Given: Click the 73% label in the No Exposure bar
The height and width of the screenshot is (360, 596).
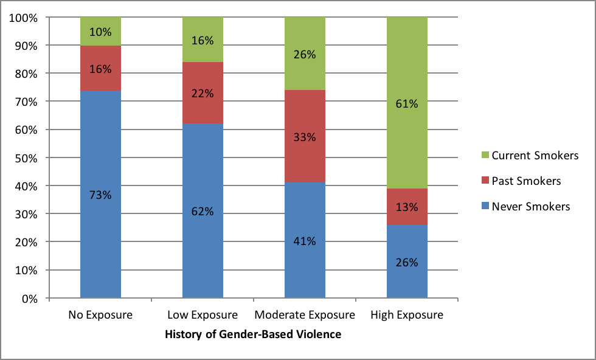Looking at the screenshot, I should (x=101, y=195).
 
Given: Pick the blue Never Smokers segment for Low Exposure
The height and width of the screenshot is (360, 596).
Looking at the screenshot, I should (x=203, y=243).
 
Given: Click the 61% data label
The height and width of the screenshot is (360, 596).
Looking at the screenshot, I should (x=407, y=104).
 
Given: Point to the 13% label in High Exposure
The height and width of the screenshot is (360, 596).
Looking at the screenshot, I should (x=407, y=207).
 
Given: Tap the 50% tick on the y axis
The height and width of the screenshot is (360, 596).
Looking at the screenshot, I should (x=26, y=157).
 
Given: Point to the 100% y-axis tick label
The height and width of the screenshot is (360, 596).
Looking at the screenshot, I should (x=24, y=18).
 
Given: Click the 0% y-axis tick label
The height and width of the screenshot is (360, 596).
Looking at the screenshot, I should (x=30, y=299).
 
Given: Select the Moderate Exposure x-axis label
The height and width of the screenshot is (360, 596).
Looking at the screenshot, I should (x=305, y=315).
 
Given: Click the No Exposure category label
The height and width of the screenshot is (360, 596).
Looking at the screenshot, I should (x=101, y=315).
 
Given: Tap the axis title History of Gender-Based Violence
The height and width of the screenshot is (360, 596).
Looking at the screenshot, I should (x=253, y=334).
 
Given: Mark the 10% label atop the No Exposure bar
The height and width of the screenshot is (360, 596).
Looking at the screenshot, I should (x=101, y=31).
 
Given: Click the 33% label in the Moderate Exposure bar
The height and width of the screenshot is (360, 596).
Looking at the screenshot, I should (x=305, y=137).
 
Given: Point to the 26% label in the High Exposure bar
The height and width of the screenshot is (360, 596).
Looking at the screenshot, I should (x=407, y=263).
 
